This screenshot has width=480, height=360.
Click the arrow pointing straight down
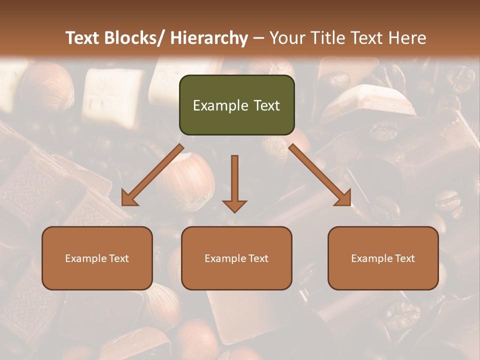tap(234, 182)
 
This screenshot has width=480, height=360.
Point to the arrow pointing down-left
tap(152, 175)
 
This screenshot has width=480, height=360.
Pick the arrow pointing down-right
tap(320, 175)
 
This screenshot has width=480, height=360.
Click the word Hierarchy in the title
tap(209, 38)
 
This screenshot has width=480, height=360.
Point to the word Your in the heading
tap(286, 38)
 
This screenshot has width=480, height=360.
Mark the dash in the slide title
tap(258, 38)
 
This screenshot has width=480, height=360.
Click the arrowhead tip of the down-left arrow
tap(123, 204)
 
